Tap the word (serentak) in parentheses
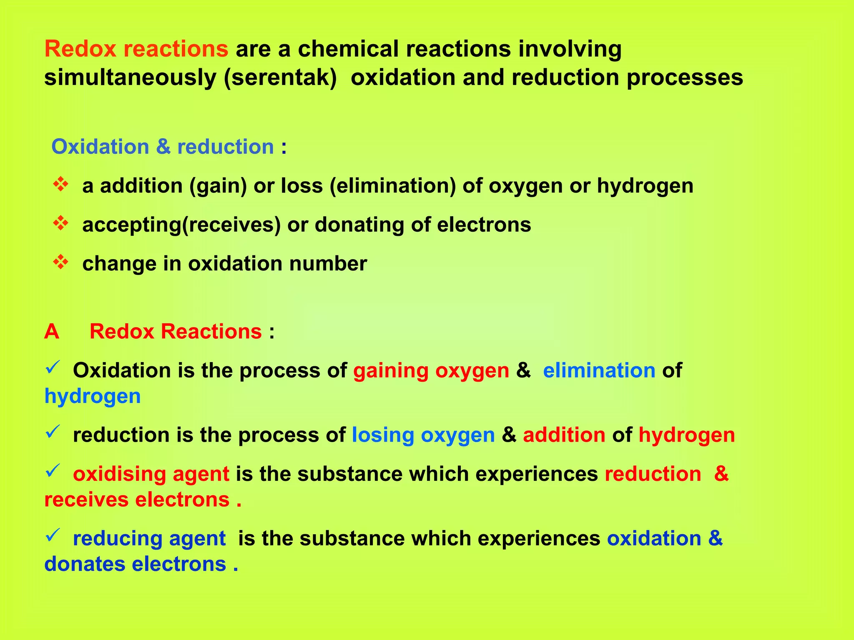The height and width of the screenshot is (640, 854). click(x=280, y=78)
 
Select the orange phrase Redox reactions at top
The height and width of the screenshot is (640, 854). click(x=136, y=49)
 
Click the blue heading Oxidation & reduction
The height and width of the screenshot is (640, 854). click(x=163, y=147)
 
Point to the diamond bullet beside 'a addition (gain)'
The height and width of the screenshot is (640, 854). click(x=61, y=185)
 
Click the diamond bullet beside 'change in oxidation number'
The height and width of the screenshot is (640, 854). click(x=61, y=262)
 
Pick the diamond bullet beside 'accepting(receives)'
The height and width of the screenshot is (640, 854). click(x=61, y=224)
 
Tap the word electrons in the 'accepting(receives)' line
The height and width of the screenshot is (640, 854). click(x=484, y=225)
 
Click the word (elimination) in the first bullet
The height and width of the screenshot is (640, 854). click(x=393, y=186)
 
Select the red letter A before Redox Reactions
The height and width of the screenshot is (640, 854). click(x=52, y=332)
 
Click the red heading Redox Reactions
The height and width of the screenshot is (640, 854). click(x=176, y=332)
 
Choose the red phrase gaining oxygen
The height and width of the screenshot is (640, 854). click(x=431, y=370)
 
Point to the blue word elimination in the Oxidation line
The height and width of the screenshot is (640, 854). click(x=599, y=370)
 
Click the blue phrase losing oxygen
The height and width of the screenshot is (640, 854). click(x=423, y=435)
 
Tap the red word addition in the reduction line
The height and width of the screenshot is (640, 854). click(x=564, y=435)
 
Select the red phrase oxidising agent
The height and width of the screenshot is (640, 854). click(x=151, y=474)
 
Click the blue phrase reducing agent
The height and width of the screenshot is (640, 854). click(x=149, y=538)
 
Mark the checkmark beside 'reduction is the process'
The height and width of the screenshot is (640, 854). click(x=53, y=432)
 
